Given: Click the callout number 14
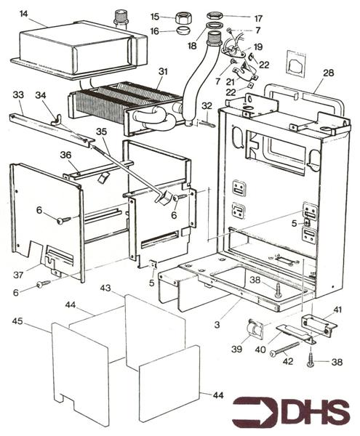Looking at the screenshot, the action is [x=24, y=14].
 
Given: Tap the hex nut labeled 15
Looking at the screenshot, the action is [x=181, y=19].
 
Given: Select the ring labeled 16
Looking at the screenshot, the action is [x=182, y=29].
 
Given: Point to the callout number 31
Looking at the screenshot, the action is [x=163, y=72].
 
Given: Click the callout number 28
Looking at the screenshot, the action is [x=328, y=73].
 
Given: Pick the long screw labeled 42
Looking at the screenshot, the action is [x=285, y=347].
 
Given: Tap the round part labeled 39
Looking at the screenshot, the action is [x=255, y=329].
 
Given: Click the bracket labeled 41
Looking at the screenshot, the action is [x=319, y=325].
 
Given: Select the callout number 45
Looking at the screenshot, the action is [x=17, y=321].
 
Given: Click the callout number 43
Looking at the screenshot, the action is [x=105, y=288].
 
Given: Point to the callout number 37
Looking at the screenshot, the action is [x=18, y=275].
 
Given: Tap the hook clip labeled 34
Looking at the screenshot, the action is [x=56, y=119].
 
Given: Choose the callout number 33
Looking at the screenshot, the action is [x=18, y=95].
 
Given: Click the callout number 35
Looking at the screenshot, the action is [x=101, y=132].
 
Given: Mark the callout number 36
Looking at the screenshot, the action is [x=65, y=155].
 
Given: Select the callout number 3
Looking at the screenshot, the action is [x=217, y=325].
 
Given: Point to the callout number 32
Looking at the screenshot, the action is [x=207, y=106].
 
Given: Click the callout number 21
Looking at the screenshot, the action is [x=231, y=81].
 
